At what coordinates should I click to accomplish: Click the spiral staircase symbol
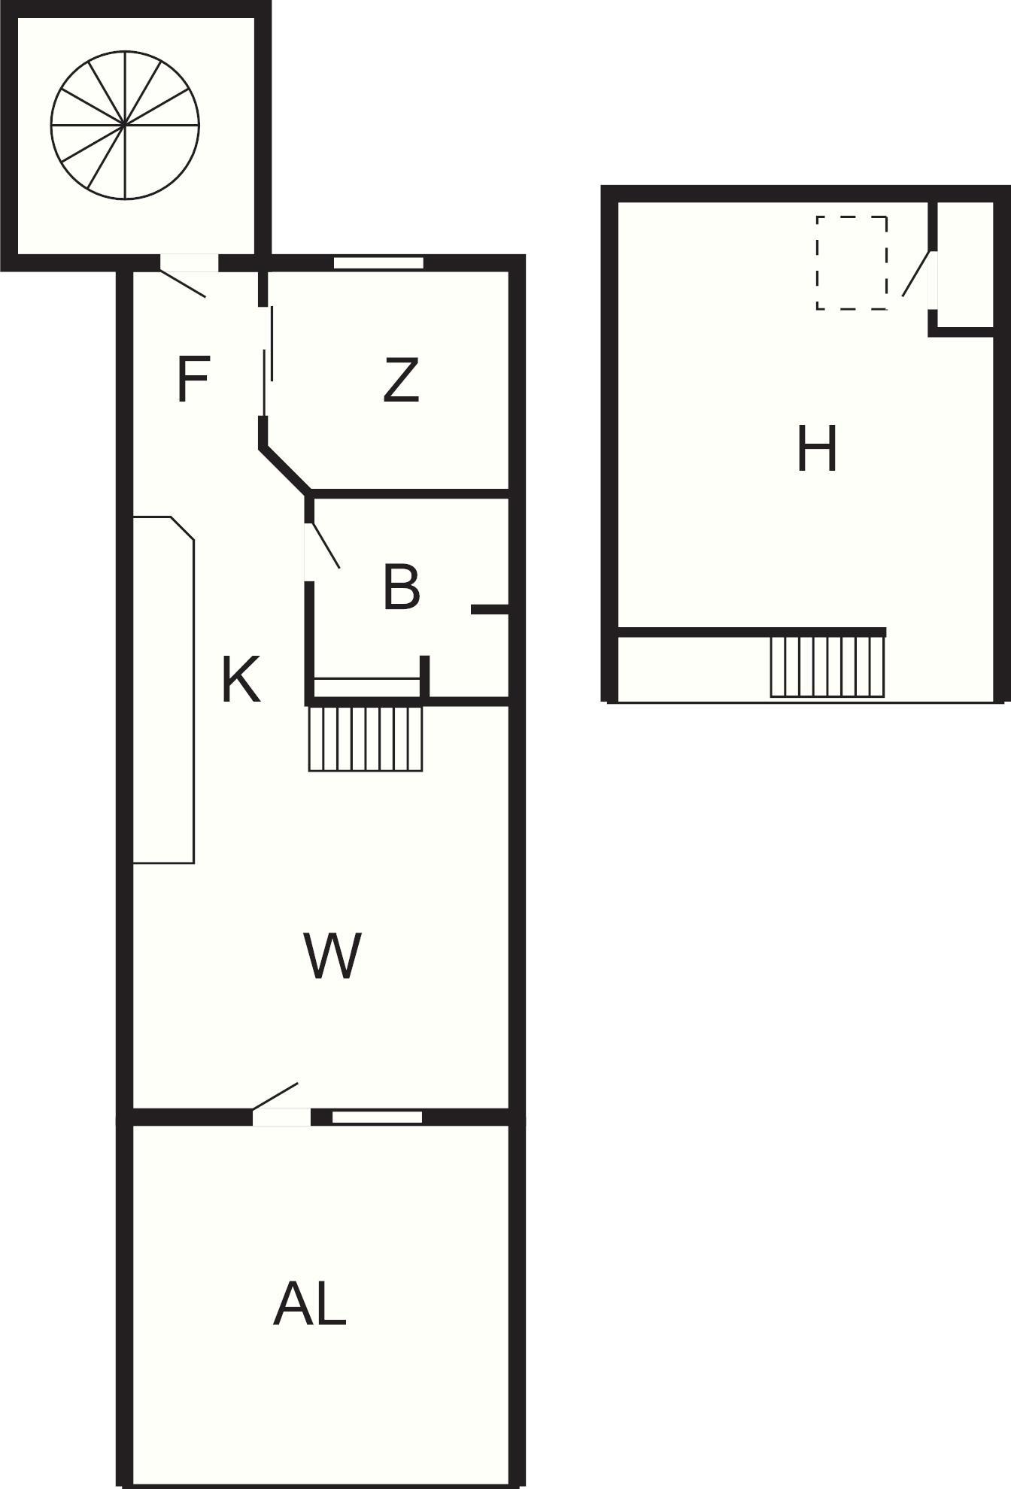126,125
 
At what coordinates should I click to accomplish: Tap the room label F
193,380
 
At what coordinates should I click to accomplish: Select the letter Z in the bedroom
400,380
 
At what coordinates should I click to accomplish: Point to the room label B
401,587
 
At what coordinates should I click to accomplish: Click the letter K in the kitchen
241,679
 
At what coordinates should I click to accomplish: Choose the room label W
332,955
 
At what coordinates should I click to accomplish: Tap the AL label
309,1305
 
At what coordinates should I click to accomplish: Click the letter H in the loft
817,449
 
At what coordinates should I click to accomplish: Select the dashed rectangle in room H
852,262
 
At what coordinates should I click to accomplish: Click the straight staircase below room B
366,738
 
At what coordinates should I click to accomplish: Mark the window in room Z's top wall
378,263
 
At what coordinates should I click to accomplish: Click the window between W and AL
377,1118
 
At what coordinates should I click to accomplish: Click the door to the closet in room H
916,274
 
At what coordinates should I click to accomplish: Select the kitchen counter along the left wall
164,690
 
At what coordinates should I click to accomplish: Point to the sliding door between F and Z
267,361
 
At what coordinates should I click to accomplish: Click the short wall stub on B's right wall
490,609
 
